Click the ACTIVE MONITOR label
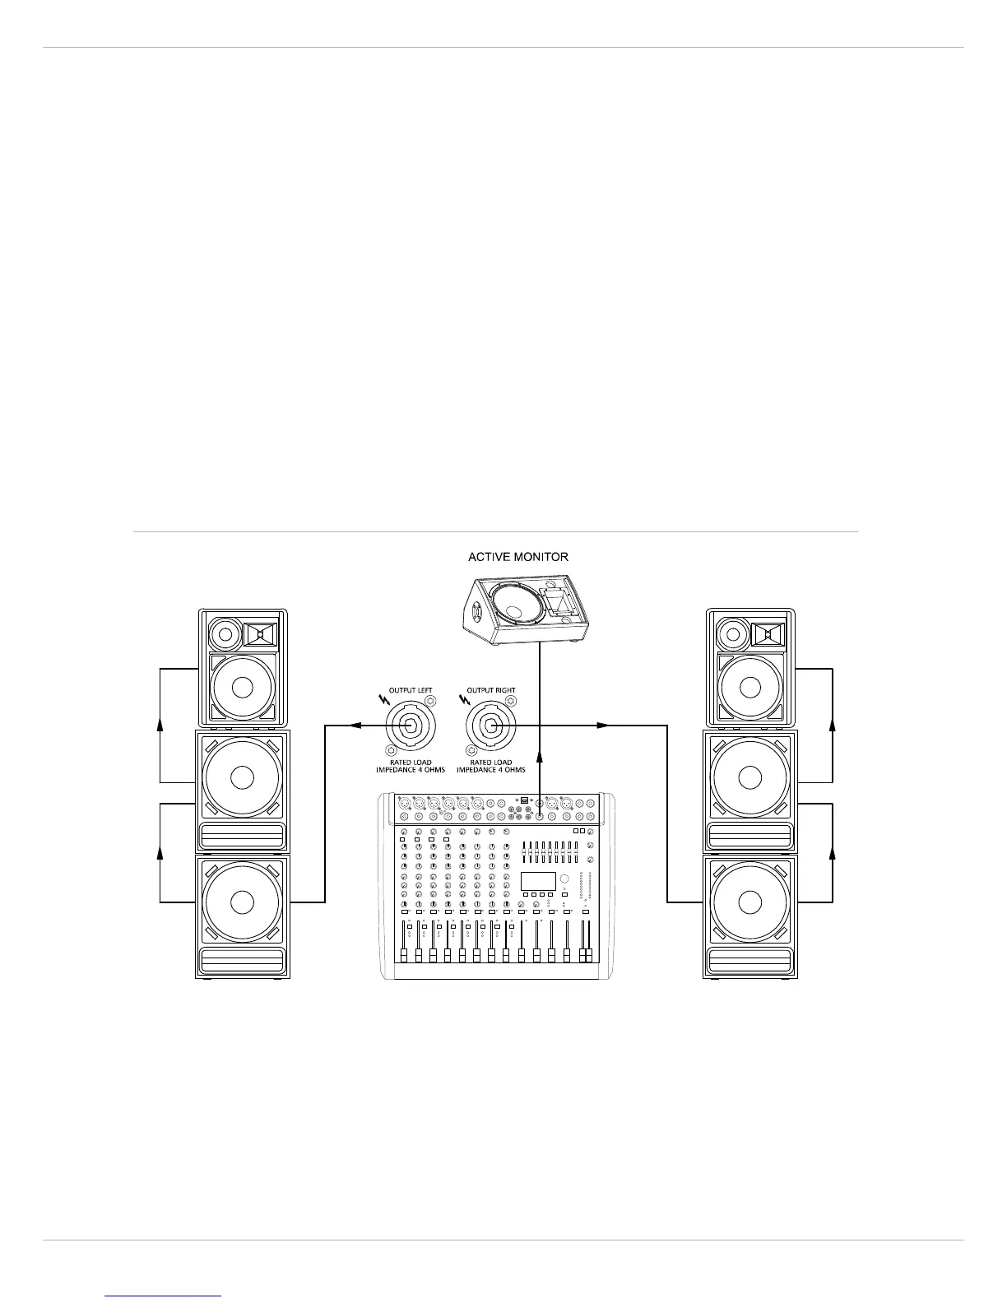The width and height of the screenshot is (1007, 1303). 517,557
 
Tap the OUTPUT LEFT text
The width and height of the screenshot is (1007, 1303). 410,690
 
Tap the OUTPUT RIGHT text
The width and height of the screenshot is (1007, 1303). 491,690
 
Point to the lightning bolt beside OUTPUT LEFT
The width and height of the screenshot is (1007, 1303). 383,701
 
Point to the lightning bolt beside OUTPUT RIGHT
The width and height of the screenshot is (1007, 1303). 466,701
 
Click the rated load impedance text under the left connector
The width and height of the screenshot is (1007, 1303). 409,766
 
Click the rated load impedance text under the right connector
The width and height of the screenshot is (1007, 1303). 491,766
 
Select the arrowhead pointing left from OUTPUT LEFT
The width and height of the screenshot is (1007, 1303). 355,726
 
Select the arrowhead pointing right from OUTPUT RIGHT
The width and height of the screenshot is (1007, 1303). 603,726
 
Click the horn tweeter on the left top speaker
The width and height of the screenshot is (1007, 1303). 261,635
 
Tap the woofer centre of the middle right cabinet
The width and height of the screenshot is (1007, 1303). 749,777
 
